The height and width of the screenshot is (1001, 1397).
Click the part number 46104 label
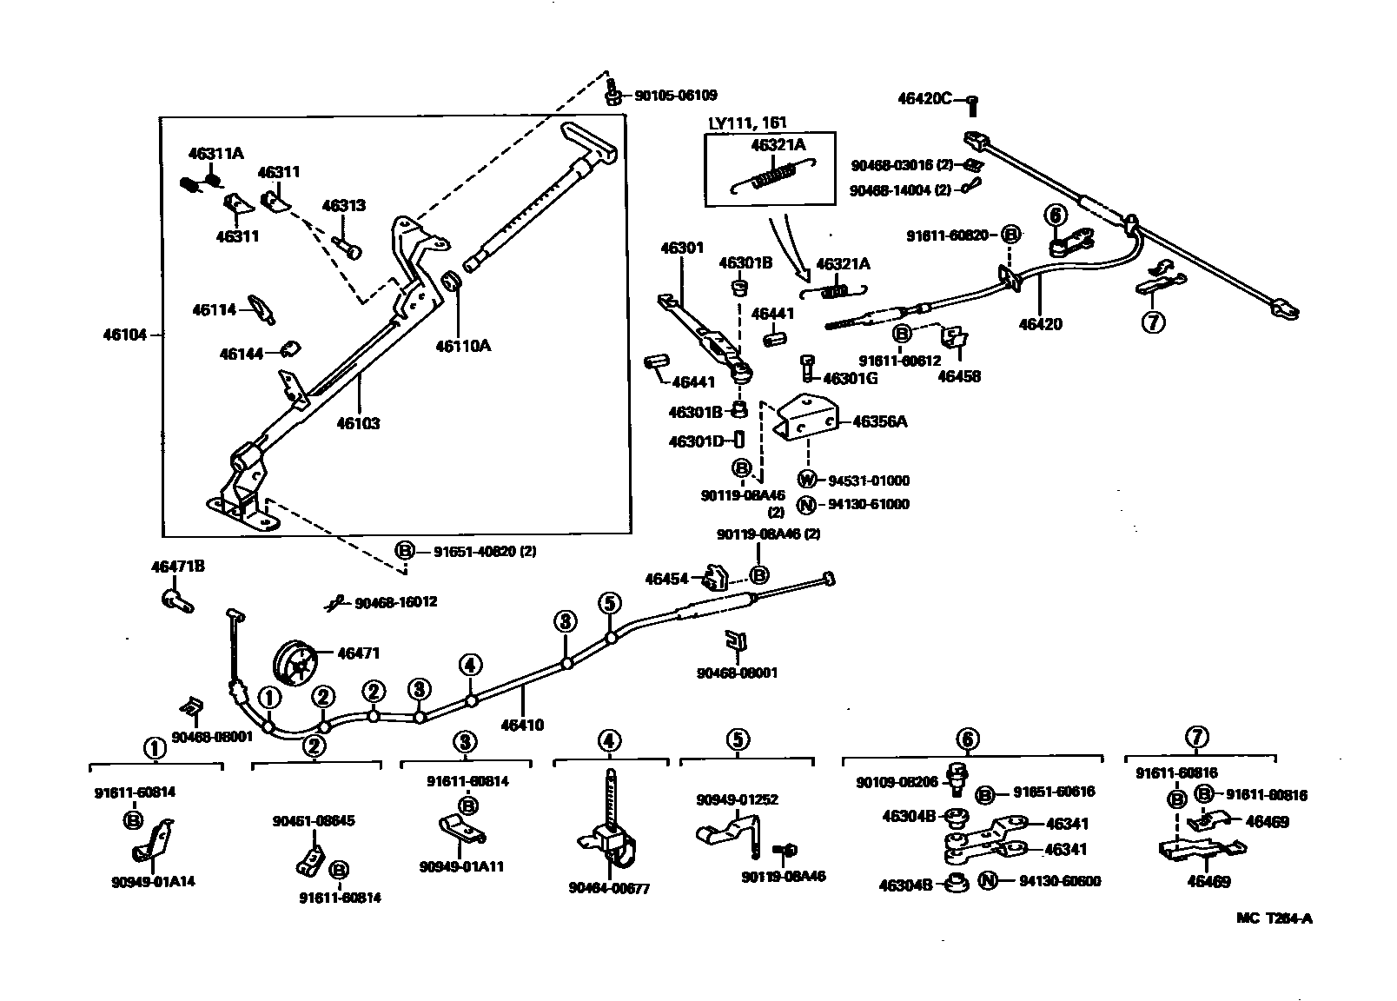click(125, 334)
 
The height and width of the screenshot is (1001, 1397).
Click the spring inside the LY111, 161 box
click(771, 177)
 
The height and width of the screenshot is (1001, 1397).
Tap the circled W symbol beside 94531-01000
click(807, 480)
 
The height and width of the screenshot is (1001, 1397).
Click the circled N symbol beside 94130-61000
click(807, 504)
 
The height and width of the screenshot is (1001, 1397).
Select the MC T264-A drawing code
click(1275, 918)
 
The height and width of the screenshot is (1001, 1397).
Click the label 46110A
click(463, 346)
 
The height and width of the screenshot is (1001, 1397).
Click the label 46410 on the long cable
click(522, 724)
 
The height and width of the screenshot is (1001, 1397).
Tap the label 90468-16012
click(395, 601)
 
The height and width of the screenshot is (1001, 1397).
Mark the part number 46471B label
click(178, 567)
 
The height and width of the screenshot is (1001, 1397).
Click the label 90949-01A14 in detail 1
click(153, 882)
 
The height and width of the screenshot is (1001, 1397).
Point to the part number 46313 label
click(343, 206)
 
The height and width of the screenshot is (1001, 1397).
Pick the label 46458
click(959, 376)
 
